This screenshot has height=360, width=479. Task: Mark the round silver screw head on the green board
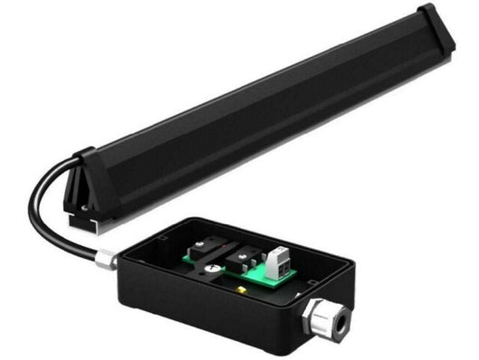209,269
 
